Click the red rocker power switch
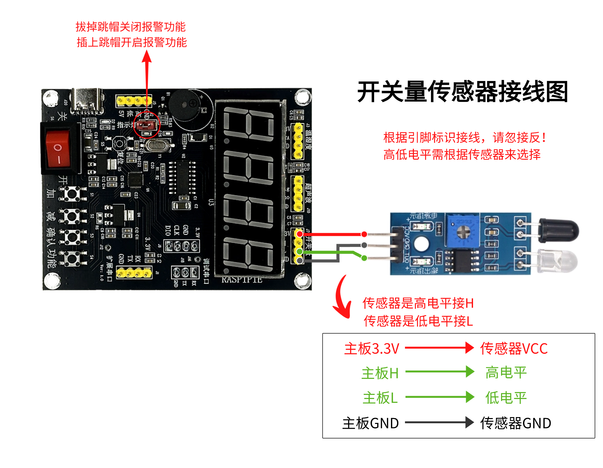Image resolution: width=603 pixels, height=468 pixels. click(x=58, y=149)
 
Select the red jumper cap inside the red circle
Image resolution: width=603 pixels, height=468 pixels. click(x=146, y=126)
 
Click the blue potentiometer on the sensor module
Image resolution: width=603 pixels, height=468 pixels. click(x=463, y=231)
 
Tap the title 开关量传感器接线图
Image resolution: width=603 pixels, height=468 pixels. click(x=463, y=92)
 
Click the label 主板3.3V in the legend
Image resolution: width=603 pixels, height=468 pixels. click(x=372, y=349)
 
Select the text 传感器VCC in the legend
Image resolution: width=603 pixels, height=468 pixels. click(x=514, y=349)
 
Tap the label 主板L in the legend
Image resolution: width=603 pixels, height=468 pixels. click(x=380, y=398)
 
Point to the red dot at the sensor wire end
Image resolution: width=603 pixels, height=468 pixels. click(x=364, y=234)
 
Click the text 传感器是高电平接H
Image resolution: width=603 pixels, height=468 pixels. click(x=418, y=303)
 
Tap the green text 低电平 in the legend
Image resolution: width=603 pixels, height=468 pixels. click(x=506, y=398)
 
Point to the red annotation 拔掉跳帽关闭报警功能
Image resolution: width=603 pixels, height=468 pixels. click(x=130, y=27)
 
